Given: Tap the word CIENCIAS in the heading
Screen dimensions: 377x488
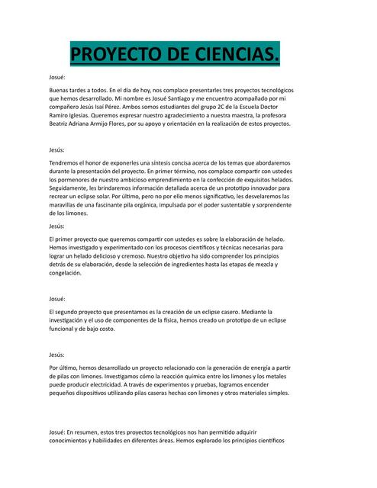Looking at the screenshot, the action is [233, 55].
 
